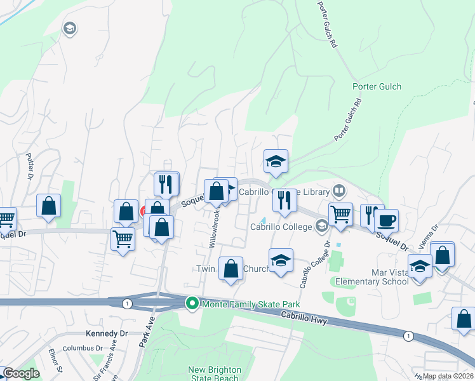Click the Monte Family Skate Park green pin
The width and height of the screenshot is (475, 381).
click(192, 304)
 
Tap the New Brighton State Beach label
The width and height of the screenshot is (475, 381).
click(215, 374)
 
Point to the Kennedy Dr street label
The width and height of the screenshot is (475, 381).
click(107, 333)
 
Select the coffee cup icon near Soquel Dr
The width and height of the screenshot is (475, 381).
click(386, 220)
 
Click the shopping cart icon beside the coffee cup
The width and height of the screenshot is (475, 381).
click(341, 215)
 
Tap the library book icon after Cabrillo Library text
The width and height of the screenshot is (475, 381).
click(340, 191)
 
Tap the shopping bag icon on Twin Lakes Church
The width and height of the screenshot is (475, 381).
click(232, 267)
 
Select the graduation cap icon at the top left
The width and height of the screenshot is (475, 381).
click(69, 28)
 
